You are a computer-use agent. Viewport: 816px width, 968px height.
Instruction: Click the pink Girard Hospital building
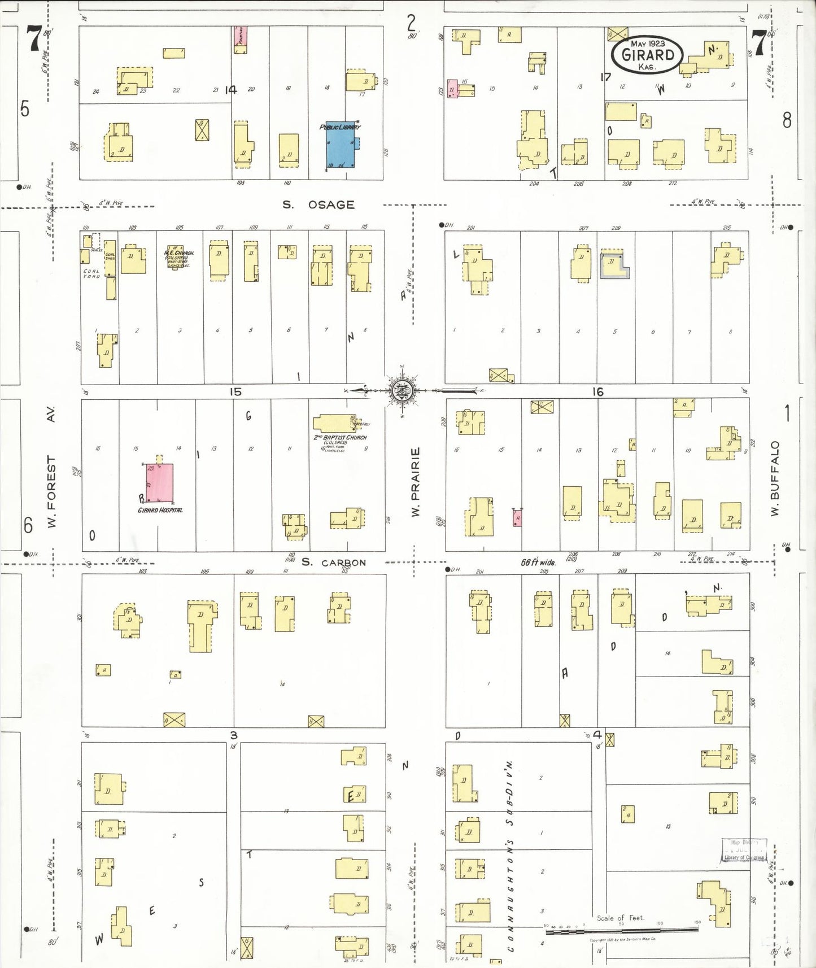coord(160,483)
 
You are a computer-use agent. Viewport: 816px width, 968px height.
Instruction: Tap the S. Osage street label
coord(318,205)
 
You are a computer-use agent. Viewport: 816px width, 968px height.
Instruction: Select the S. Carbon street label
coord(333,562)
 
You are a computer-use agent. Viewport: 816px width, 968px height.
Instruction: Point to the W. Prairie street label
coord(416,482)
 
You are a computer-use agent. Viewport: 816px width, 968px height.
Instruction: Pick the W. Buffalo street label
coord(775,478)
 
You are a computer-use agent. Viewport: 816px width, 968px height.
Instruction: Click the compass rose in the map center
coord(402,390)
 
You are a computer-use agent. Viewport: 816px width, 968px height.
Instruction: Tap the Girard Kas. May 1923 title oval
coord(647,55)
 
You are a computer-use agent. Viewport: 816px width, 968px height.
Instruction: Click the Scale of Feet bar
coord(621,928)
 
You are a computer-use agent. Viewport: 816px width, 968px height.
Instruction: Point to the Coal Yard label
coord(91,273)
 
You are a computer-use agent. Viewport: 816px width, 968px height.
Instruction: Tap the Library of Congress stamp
coord(744,850)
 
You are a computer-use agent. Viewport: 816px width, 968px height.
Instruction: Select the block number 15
coord(235,391)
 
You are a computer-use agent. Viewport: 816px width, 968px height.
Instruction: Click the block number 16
coord(598,391)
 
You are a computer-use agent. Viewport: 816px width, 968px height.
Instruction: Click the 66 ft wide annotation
coord(538,562)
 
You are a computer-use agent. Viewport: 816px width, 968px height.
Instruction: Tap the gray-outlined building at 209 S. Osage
coord(614,264)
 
